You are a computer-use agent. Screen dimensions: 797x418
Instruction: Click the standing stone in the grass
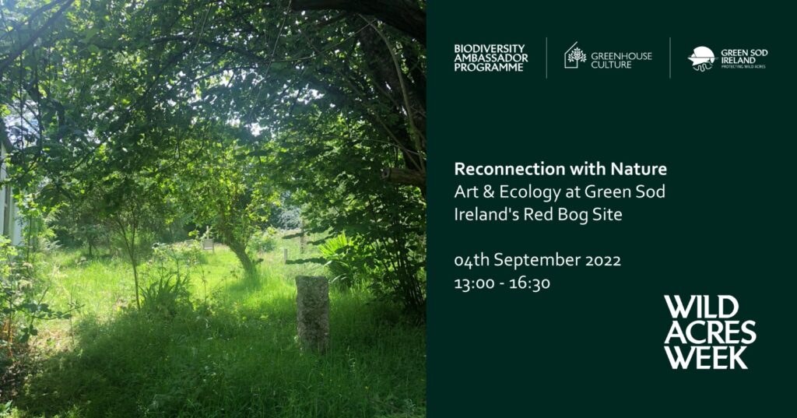(312, 313)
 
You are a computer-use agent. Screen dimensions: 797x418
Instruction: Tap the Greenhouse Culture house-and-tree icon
(575, 55)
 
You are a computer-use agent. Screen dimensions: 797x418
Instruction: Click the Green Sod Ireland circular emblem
(701, 58)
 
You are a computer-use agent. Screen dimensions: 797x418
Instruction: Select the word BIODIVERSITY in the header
(490, 49)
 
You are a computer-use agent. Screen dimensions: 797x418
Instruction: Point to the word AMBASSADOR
(491, 58)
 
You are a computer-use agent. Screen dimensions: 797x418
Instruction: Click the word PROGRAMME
(489, 67)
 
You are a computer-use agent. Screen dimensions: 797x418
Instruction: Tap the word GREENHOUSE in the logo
(621, 56)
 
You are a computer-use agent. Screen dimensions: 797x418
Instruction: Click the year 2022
(603, 260)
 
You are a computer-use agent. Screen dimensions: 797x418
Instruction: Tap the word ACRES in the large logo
(710, 332)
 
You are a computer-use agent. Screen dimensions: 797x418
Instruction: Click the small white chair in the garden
(208, 244)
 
